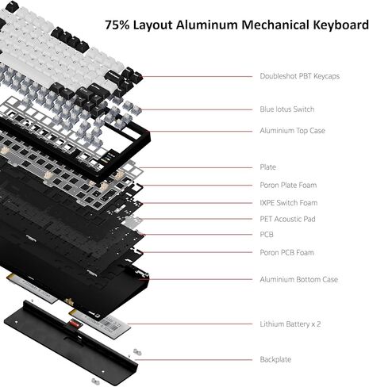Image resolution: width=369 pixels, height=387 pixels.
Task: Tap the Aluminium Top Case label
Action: pos(292,131)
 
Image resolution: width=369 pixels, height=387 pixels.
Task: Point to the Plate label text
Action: pos(267,167)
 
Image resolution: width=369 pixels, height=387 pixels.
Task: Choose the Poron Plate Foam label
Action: pos(288,186)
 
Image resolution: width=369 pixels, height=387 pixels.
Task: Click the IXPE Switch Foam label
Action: pos(289,203)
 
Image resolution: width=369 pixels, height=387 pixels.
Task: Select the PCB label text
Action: pos(267,235)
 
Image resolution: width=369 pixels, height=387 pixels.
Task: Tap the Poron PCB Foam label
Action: pos(286,252)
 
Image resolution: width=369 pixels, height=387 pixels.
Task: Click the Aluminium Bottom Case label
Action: pos(298,279)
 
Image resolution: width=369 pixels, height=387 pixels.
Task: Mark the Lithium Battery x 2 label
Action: pos(290,324)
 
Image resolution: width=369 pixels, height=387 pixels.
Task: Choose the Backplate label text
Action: pos(275,359)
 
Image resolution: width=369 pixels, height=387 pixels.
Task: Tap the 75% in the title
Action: pos(120,25)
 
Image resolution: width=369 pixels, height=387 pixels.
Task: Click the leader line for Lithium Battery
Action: pos(190,324)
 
